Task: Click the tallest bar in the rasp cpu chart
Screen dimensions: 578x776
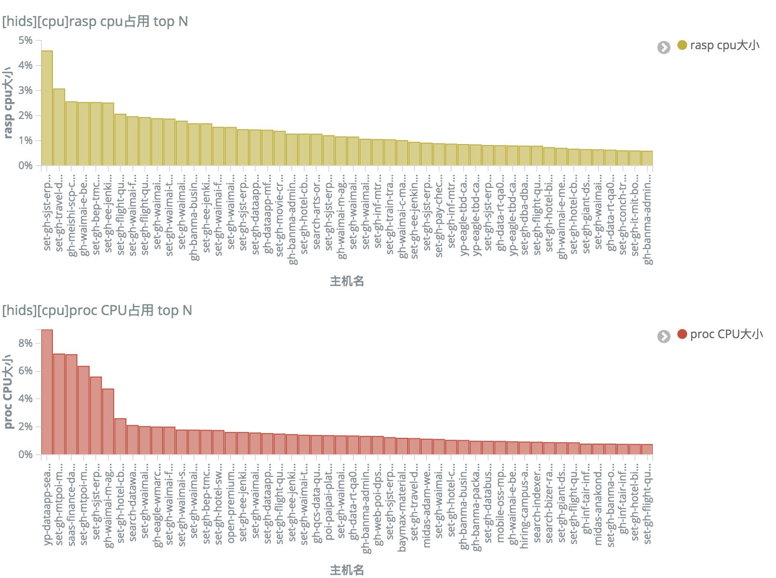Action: [47, 108]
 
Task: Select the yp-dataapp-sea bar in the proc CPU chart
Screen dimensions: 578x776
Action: [47, 393]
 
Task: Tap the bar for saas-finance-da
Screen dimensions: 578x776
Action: [71, 405]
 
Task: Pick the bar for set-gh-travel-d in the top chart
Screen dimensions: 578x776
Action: [59, 127]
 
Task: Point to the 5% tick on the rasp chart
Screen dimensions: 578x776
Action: [26, 40]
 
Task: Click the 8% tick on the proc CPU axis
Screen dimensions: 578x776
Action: [26, 343]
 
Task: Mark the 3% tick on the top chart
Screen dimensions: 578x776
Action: [26, 91]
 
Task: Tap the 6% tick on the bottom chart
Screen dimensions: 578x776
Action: [26, 371]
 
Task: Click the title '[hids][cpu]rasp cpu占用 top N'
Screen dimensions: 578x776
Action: [95, 22]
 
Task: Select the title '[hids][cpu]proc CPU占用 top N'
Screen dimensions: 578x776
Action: [97, 311]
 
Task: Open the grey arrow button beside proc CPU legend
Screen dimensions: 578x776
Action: [664, 336]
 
